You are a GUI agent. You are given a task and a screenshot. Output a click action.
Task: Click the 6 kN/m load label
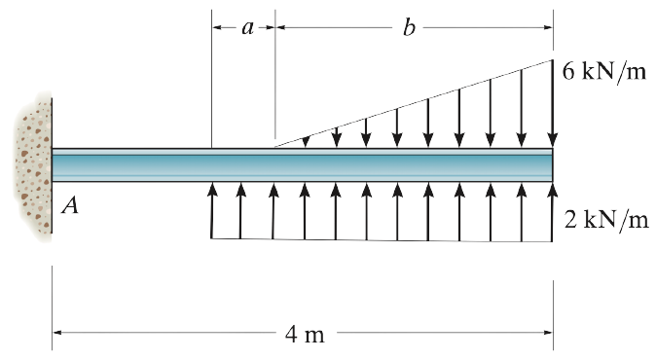tap(604, 73)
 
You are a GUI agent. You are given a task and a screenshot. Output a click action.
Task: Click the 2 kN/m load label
tap(605, 219)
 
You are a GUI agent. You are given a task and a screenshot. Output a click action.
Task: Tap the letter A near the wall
tap(69, 205)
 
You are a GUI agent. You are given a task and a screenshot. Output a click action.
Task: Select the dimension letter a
tap(247, 27)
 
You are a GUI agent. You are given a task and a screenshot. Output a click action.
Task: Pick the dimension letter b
tap(408, 27)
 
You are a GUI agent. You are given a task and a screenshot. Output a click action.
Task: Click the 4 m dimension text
tap(305, 335)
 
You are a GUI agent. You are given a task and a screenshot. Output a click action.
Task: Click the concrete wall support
tap(32, 165)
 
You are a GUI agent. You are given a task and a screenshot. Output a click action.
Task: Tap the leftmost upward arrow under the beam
tap(212, 209)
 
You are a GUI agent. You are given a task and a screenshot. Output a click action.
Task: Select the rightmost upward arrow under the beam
tap(552, 209)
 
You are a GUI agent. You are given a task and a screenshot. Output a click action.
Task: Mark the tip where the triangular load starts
tap(275, 147)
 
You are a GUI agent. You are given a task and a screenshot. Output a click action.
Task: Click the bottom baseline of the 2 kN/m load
tap(380, 239)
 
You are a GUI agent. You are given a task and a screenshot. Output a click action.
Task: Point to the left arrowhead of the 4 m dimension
tap(57, 333)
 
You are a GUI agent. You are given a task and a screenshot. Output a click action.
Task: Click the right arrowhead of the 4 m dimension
tap(548, 333)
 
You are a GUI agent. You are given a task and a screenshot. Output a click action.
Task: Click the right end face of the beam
tap(552, 165)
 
